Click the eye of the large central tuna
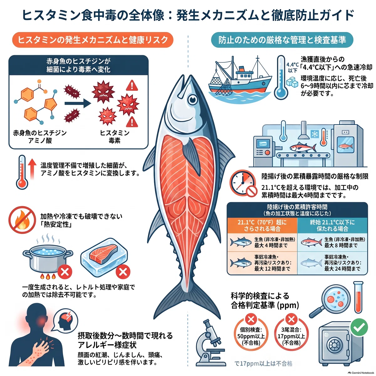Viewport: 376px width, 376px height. coord(193,100)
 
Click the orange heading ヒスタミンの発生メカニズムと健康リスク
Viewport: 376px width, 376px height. coord(93,40)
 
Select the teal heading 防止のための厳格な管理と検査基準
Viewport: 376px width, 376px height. coord(282,40)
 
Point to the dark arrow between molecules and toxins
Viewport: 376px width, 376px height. coord(77,103)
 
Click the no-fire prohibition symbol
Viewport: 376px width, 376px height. coord(22,220)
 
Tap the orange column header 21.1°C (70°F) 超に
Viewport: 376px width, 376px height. coord(262,225)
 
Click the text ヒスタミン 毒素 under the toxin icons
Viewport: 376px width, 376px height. coord(115,137)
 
